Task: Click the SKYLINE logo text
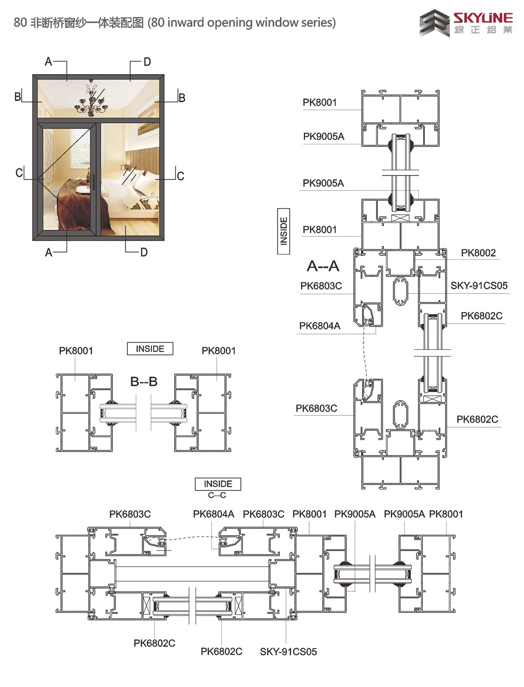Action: click(x=483, y=18)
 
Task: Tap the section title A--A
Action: click(x=323, y=266)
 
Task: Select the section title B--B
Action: click(x=144, y=381)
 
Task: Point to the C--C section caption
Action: click(x=217, y=495)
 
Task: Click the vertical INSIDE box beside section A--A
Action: click(x=283, y=231)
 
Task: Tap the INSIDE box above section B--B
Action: click(x=150, y=349)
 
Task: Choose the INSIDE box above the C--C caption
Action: click(x=218, y=484)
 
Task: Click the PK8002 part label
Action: click(x=479, y=253)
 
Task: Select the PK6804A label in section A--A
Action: click(x=320, y=326)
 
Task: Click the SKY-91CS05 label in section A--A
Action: click(x=479, y=286)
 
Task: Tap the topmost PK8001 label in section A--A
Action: click(x=320, y=102)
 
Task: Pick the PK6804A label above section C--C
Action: click(x=214, y=514)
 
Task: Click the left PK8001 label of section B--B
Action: click(x=76, y=351)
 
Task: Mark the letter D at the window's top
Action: click(x=147, y=62)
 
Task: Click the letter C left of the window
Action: click(x=19, y=172)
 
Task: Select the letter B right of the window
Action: click(x=182, y=98)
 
